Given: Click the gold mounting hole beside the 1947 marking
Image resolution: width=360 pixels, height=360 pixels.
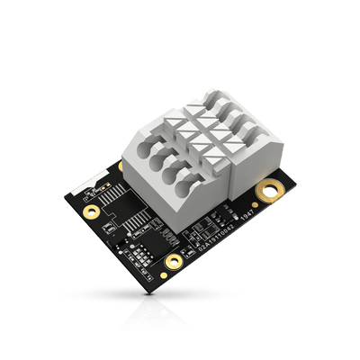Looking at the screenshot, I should click(268, 190).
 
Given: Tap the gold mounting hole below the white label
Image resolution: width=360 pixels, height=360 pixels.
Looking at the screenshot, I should click(91, 212).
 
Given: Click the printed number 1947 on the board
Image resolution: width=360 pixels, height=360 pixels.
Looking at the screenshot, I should click(245, 214).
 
